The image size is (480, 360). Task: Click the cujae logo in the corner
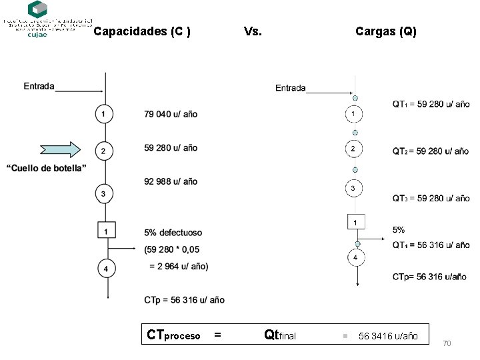[37, 19]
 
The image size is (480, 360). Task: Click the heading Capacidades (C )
[142, 31]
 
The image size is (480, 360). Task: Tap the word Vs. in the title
[253, 31]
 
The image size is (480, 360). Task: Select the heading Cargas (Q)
[386, 31]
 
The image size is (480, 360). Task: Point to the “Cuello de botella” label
[47, 168]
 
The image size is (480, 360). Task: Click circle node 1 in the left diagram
[103, 115]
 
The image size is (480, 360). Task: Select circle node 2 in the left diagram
[103, 151]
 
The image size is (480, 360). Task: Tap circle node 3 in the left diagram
[103, 194]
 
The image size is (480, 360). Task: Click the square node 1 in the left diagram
[106, 231]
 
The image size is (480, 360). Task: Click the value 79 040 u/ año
[171, 114]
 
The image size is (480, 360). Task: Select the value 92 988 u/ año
[171, 181]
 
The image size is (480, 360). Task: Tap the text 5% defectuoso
[173, 233]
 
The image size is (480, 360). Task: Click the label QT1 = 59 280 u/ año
[431, 104]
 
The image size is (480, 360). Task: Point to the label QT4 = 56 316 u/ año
[431, 245]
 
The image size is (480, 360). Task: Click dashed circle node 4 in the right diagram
[355, 257]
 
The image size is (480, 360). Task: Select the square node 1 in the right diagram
[356, 221]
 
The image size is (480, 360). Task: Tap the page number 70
[447, 343]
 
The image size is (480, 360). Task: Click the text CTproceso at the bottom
[173, 335]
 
